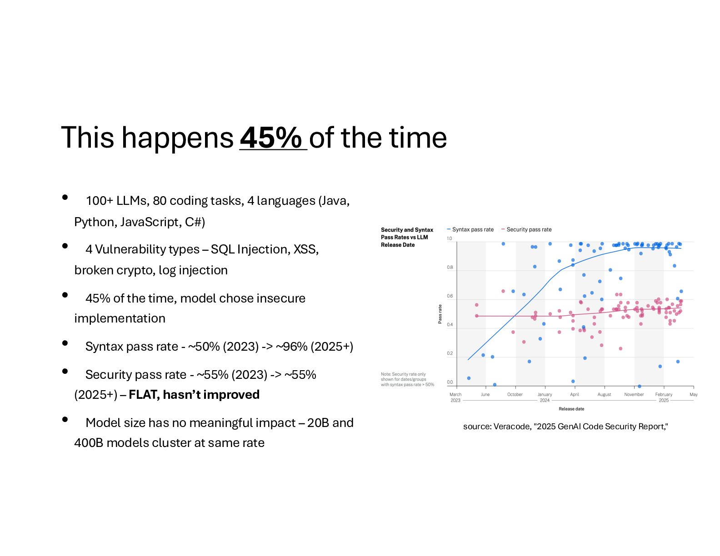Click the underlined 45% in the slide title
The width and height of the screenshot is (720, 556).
(271, 138)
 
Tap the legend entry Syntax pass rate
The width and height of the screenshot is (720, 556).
(470, 229)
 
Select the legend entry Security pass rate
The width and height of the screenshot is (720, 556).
(526, 229)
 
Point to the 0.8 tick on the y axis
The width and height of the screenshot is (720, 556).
(450, 267)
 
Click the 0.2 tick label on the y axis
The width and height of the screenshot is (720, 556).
(450, 353)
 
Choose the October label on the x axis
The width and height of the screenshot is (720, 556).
(515, 394)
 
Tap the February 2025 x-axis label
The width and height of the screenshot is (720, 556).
(663, 397)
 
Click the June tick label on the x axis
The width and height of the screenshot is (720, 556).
(485, 394)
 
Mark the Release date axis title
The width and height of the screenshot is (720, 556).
(571, 409)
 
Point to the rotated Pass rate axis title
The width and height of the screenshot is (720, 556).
(440, 314)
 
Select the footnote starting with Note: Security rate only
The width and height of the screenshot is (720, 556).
(407, 379)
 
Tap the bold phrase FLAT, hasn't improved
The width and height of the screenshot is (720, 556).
(194, 395)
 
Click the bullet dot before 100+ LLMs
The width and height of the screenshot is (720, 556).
(65, 197)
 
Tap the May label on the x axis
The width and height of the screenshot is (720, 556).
(694, 394)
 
